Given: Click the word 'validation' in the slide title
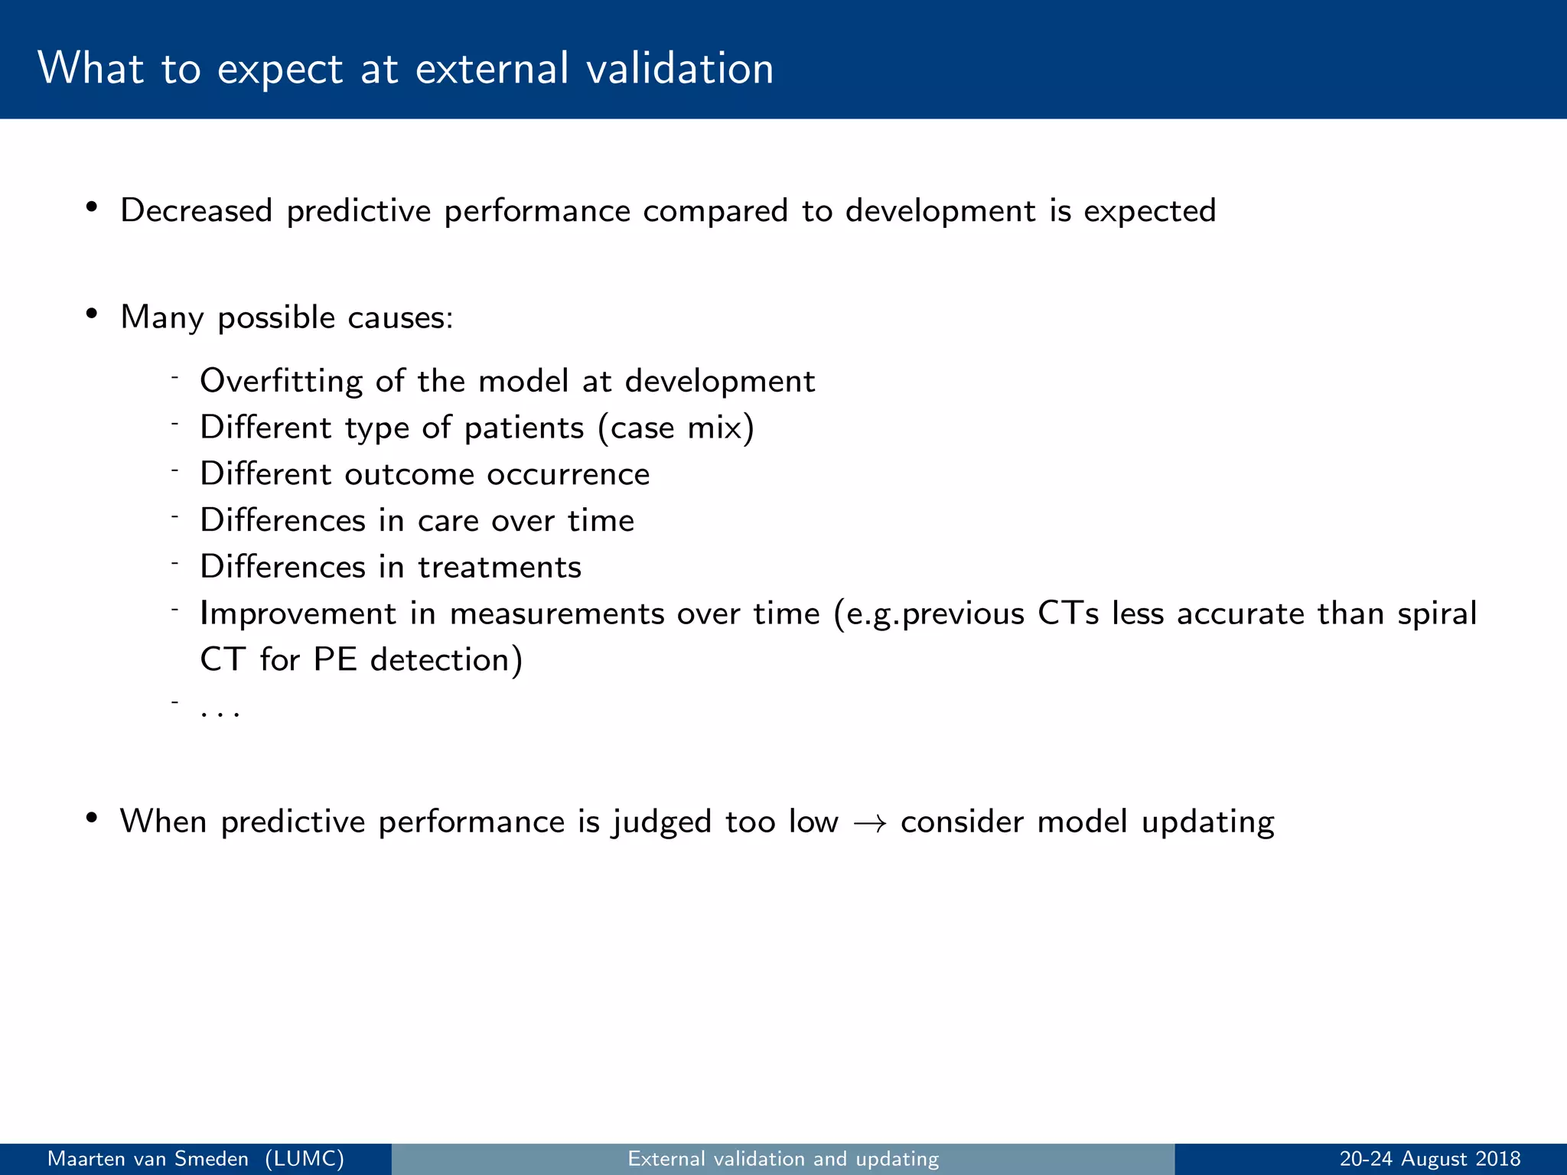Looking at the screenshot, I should pos(680,69).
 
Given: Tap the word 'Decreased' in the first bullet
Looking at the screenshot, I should pos(196,211).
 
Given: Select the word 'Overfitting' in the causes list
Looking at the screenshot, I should pos(281,381).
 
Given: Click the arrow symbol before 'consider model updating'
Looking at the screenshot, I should pos(870,823).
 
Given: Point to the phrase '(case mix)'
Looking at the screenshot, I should pos(676,428).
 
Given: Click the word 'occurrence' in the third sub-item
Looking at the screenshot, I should pos(568,474).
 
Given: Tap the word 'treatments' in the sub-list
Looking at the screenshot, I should pos(500,568).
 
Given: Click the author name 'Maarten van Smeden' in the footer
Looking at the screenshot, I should pos(148,1159).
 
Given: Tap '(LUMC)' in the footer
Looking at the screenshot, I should pos(305,1159).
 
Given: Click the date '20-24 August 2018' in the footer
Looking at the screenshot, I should pos(1429,1159).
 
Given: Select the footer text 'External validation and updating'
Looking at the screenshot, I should pos(783,1159).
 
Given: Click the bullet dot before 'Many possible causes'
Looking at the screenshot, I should pos(92,314).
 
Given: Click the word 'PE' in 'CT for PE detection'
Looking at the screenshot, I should pos(335,660).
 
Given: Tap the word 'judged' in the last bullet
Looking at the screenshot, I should pos(662,823).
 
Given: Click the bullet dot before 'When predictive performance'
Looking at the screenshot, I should pos(92,819).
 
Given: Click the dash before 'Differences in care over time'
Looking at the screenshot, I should pos(175,517).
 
